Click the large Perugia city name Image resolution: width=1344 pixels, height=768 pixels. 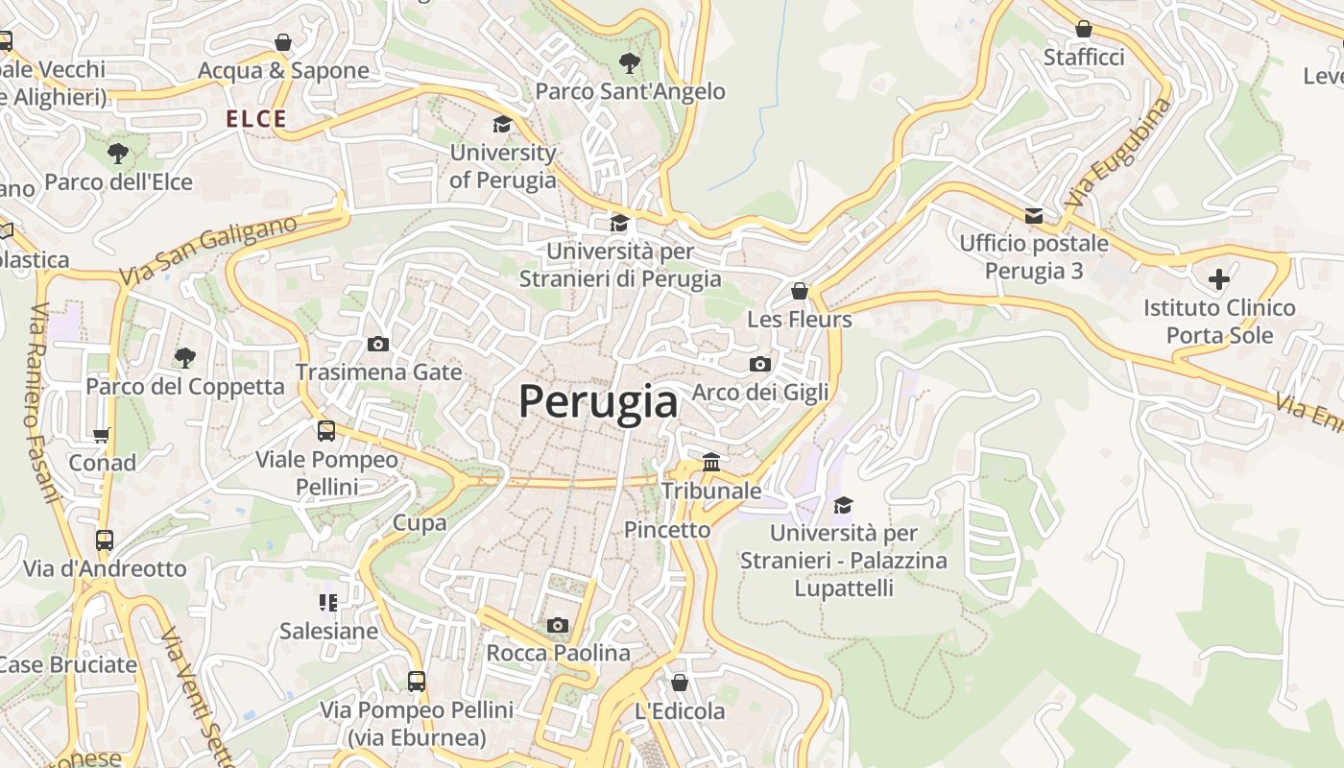coord(598,401)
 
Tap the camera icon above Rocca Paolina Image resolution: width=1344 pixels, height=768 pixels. coord(557,626)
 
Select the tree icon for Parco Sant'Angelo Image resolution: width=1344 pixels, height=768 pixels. coord(630,64)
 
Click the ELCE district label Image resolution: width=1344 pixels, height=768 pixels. coord(256,119)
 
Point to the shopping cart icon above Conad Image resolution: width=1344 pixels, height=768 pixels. coord(102,435)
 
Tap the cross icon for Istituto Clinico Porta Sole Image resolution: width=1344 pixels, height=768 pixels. coord(1219,279)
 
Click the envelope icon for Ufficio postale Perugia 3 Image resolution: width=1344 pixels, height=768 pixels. coord(1034,216)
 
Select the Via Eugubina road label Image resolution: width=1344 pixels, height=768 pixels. coord(1118,154)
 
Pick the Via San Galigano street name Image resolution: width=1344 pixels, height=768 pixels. coord(208,251)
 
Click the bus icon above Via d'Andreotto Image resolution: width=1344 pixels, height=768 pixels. coord(105,540)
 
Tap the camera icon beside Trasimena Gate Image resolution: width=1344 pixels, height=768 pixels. coord(378,344)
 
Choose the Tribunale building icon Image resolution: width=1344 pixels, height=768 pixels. coord(711,463)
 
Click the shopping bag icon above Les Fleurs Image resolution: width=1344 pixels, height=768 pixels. coord(800,291)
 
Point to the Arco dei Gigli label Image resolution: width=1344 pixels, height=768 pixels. coord(760,392)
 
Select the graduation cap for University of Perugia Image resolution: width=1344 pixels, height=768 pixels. coord(502,124)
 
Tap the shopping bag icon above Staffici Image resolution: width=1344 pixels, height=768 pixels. coord(1084,30)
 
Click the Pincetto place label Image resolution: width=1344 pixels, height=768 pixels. coord(667,529)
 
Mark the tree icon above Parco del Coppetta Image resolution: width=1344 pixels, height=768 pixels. coord(185,358)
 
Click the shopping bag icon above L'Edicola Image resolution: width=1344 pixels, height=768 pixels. coord(680,683)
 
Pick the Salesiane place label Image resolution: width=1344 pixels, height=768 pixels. coord(328,631)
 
